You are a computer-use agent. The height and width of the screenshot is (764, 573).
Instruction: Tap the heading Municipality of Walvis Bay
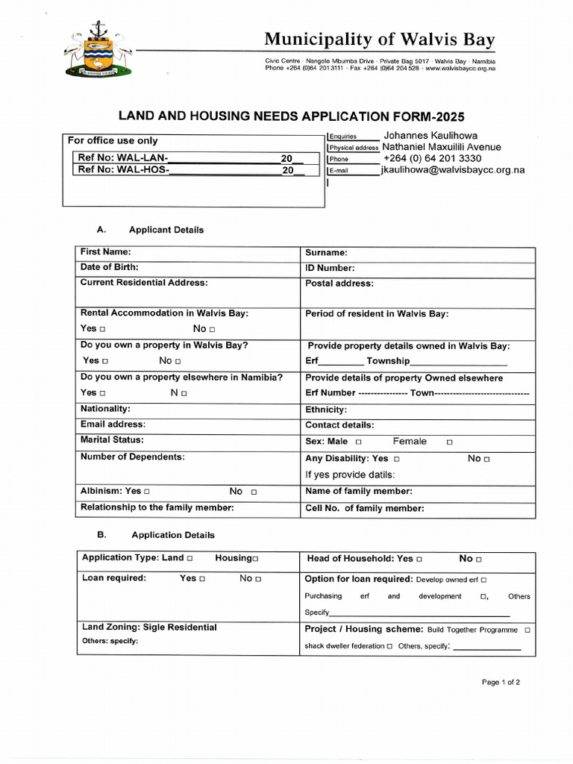pyautogui.click(x=380, y=40)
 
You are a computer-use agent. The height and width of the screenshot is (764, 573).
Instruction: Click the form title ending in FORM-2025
pyautogui.click(x=292, y=116)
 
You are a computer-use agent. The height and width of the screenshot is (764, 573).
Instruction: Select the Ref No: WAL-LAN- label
pyautogui.click(x=123, y=158)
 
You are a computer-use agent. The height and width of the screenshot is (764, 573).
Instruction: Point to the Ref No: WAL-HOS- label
pyautogui.click(x=124, y=170)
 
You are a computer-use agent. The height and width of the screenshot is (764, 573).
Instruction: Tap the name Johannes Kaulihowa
pyautogui.click(x=430, y=136)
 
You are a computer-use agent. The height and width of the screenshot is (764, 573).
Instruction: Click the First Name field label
pyautogui.click(x=105, y=252)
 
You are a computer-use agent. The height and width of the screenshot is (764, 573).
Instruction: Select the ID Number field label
pyautogui.click(x=330, y=268)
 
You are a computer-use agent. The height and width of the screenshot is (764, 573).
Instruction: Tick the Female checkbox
pyautogui.click(x=449, y=442)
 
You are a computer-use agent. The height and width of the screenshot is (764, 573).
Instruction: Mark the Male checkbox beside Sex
pyautogui.click(x=358, y=442)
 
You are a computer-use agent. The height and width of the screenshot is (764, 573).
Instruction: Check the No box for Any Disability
pyautogui.click(x=486, y=460)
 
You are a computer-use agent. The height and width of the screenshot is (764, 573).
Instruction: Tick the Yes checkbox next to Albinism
pyautogui.click(x=146, y=492)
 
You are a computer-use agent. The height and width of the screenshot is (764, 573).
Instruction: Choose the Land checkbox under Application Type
pyautogui.click(x=190, y=559)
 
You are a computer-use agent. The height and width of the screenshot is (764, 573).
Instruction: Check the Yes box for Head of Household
pyautogui.click(x=419, y=559)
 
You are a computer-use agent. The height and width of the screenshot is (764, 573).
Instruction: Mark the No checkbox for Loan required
pyautogui.click(x=258, y=579)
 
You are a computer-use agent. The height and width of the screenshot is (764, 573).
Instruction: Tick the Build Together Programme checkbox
pyautogui.click(x=527, y=630)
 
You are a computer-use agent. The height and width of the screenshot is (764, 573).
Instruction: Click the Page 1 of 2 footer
pyautogui.click(x=501, y=682)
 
